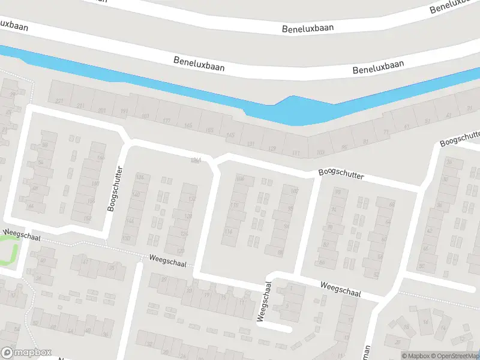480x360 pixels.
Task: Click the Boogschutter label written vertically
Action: [116, 188]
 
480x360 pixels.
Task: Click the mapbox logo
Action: [25, 353]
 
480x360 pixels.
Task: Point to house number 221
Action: [59, 101]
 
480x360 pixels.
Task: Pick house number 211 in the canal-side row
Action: [80, 106]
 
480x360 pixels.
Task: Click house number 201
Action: [102, 110]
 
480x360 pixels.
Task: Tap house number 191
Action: [124, 112]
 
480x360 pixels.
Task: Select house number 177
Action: [166, 121]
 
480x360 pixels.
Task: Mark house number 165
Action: [188, 125]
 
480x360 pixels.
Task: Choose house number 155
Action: [209, 130]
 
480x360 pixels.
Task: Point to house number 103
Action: [320, 152]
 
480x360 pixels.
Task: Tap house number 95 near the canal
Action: [344, 147]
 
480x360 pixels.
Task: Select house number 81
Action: [367, 142]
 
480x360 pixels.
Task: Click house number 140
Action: [136, 194]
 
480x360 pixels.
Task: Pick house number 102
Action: [294, 191]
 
